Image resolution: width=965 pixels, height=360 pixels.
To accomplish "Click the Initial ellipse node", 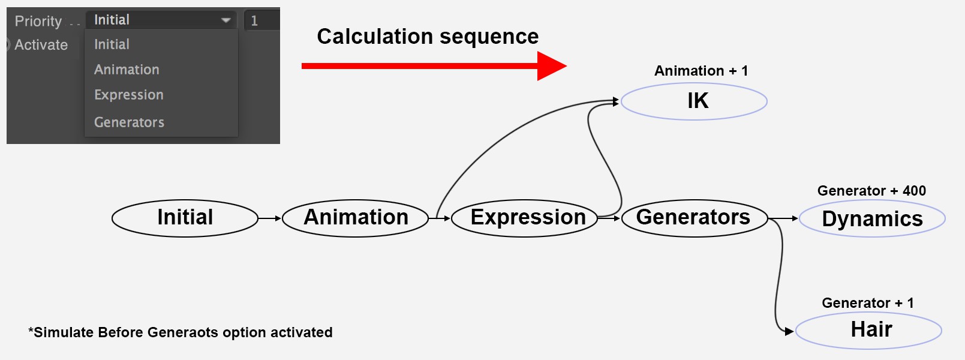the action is coord(185,218).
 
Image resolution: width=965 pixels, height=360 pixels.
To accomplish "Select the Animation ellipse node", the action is coord(356,218).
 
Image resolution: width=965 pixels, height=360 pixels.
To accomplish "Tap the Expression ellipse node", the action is coord(524,218).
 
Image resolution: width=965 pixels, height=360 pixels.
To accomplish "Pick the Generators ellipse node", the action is coord(695,218).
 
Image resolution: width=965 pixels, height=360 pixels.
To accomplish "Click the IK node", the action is coord(694,101).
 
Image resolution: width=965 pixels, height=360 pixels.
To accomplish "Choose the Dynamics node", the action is coord(873,218).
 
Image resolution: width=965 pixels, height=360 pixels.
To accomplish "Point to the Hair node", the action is coord(868,331).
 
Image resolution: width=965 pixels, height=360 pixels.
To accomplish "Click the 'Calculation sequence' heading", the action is coord(428,36).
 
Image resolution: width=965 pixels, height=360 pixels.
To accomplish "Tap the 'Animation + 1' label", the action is coord(701,71).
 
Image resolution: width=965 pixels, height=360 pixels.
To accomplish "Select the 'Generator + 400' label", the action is coord(871,191).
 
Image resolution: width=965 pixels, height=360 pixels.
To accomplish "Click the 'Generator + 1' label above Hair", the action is coord(868,302).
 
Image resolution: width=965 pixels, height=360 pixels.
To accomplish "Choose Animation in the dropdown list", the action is coord(127,70).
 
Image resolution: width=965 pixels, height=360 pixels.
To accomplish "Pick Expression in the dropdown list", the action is coord(129,95).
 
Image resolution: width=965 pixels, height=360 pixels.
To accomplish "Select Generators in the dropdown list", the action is coord(129,122).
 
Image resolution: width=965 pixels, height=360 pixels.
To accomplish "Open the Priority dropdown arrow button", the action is coord(226,20).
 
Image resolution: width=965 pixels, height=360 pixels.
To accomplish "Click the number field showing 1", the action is coord(262,20).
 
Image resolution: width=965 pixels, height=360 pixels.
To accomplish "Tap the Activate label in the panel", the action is coord(41,44).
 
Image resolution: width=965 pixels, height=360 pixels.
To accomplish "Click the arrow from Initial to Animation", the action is coord(270,218).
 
